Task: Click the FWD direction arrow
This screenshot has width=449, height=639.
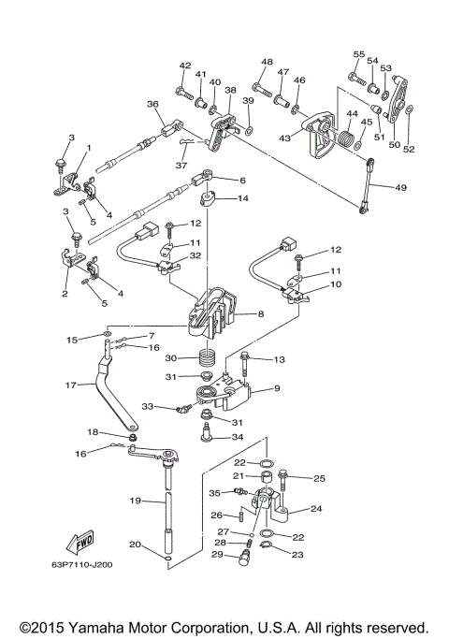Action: [x=80, y=542]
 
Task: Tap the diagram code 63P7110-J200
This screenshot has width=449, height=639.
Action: [x=82, y=565]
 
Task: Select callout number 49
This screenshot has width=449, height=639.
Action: [x=400, y=187]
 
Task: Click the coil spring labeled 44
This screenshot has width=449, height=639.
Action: [x=347, y=138]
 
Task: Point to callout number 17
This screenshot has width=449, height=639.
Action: [x=71, y=385]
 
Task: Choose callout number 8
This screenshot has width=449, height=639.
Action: [x=261, y=313]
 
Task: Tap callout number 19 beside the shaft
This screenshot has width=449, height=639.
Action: [x=136, y=501]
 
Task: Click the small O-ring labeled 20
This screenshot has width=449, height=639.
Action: [x=168, y=559]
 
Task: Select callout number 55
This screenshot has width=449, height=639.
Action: [x=359, y=54]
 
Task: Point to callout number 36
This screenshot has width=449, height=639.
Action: [x=152, y=105]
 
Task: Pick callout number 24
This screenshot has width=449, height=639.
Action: [x=316, y=508]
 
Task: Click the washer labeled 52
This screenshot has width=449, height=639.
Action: [x=411, y=108]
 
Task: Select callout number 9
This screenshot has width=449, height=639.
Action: [x=277, y=388]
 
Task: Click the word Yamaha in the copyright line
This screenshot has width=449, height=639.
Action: [x=95, y=628]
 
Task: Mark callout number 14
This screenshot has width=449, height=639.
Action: [x=243, y=198]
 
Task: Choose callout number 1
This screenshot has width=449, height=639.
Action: [x=89, y=148]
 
